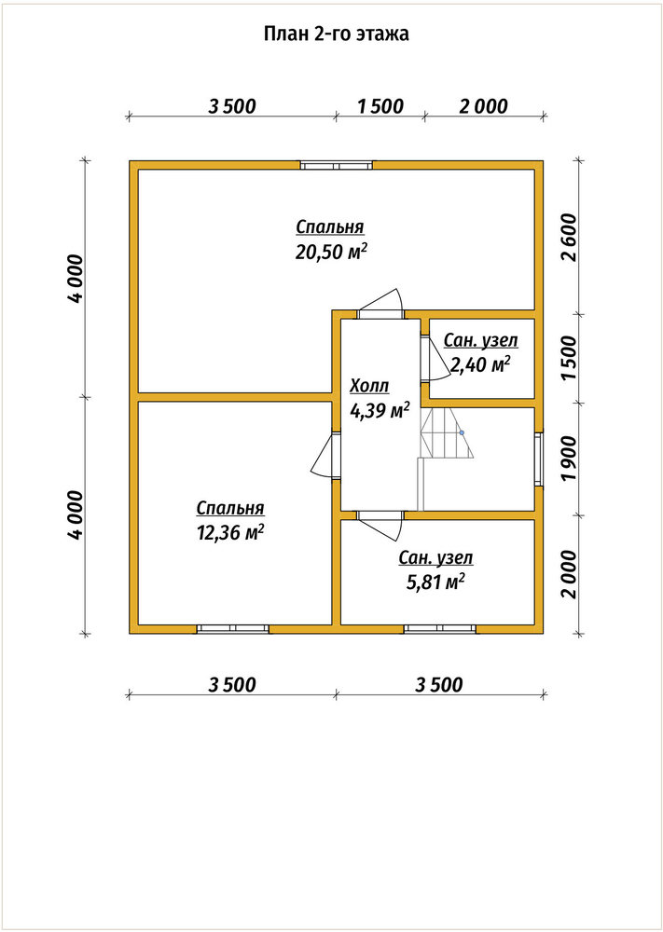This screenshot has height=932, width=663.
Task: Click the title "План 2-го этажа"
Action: [336, 34]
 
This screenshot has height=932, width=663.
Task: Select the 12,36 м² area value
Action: [230, 533]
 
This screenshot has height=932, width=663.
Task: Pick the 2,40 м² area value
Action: [481, 365]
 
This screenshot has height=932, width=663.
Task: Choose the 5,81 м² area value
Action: [435, 582]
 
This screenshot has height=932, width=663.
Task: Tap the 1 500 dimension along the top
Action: [380, 106]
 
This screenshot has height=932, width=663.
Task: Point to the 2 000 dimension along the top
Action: [484, 106]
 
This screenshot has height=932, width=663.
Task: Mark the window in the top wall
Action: [337, 165]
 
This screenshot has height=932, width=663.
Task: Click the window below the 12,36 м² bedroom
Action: [233, 629]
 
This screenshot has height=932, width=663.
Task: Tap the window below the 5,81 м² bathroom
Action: [440, 629]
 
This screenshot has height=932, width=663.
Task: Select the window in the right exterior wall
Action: [539, 459]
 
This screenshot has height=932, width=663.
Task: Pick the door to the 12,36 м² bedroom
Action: [325, 456]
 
